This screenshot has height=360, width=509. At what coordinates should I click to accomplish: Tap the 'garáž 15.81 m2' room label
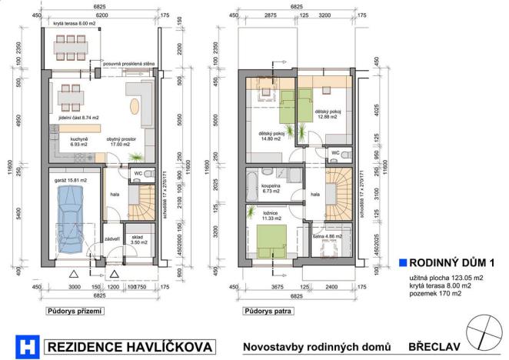pyautogui.click(x=70, y=180)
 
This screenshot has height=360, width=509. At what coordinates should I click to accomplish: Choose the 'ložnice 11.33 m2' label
pyautogui.click(x=271, y=217)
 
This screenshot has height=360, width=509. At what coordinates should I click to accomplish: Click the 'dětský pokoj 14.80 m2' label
pyautogui.click(x=272, y=136)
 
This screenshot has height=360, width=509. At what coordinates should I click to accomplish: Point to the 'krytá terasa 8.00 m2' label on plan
pyautogui.click(x=76, y=25)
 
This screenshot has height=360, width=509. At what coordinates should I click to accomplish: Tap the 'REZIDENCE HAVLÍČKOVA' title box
pyautogui.click(x=128, y=347)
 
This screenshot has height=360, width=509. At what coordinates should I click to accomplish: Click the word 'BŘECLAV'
pyautogui.click(x=434, y=347)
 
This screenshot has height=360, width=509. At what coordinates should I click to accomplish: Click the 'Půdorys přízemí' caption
pyautogui.click(x=75, y=312)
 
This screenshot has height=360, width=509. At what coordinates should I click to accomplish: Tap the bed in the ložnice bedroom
pyautogui.click(x=271, y=242)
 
